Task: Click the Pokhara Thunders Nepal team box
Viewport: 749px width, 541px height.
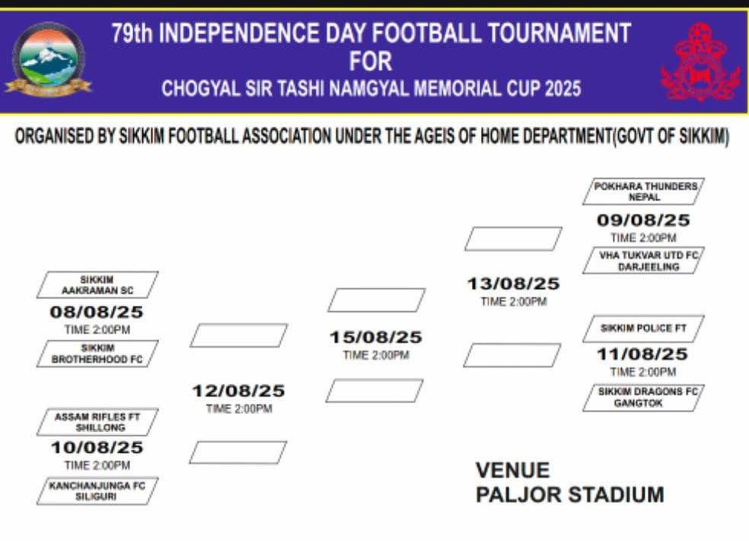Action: coord(643,191)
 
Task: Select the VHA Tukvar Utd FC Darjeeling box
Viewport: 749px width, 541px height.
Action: coord(643,261)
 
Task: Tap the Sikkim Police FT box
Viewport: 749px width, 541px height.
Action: coord(643,329)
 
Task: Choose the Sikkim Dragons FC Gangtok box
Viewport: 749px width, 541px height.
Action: coord(643,398)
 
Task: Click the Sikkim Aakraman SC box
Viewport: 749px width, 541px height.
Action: coord(97,284)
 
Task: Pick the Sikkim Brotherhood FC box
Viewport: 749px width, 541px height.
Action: coord(97,353)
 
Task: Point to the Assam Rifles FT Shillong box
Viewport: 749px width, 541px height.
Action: coord(97,422)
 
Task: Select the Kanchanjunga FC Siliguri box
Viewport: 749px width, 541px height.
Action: coord(97,491)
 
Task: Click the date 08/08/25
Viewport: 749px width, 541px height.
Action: coord(97,312)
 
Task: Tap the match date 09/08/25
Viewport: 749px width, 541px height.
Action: coord(643,220)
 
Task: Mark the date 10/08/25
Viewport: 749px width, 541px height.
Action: coord(97,448)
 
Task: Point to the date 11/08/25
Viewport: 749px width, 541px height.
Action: coord(642,354)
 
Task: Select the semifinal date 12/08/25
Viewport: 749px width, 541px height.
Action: coord(238,391)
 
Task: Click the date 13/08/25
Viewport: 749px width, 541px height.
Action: coord(513,284)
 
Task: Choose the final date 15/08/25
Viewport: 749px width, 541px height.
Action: coord(376,337)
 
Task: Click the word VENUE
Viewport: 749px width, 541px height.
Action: coord(513,470)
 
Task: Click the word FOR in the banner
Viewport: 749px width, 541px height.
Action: coord(371,62)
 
